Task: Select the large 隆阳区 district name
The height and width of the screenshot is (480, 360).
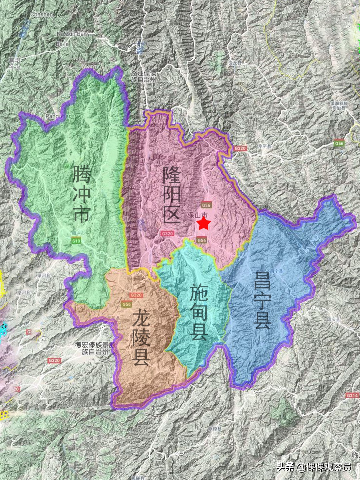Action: [172, 195]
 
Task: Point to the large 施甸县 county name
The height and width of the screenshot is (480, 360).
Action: [199, 312]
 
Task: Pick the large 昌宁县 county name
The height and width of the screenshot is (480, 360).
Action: [262, 300]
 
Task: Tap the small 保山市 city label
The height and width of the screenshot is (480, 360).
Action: [198, 215]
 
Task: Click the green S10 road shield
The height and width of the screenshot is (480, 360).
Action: [76, 240]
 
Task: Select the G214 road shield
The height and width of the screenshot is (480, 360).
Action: [352, 395]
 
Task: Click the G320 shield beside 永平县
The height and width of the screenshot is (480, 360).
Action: [240, 148]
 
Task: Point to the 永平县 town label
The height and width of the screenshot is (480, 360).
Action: [265, 146]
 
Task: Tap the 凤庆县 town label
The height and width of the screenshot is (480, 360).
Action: [333, 319]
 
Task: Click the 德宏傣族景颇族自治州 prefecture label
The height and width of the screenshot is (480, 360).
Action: [95, 348]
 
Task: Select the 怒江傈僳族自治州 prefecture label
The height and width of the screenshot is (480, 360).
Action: [143, 76]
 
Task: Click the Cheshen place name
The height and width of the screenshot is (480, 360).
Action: [42, 14]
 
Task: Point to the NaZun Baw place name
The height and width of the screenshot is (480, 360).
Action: [72, 34]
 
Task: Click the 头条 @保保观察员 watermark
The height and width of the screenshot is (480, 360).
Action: [314, 467]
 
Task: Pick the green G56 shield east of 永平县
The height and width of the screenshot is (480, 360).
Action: [339, 143]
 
